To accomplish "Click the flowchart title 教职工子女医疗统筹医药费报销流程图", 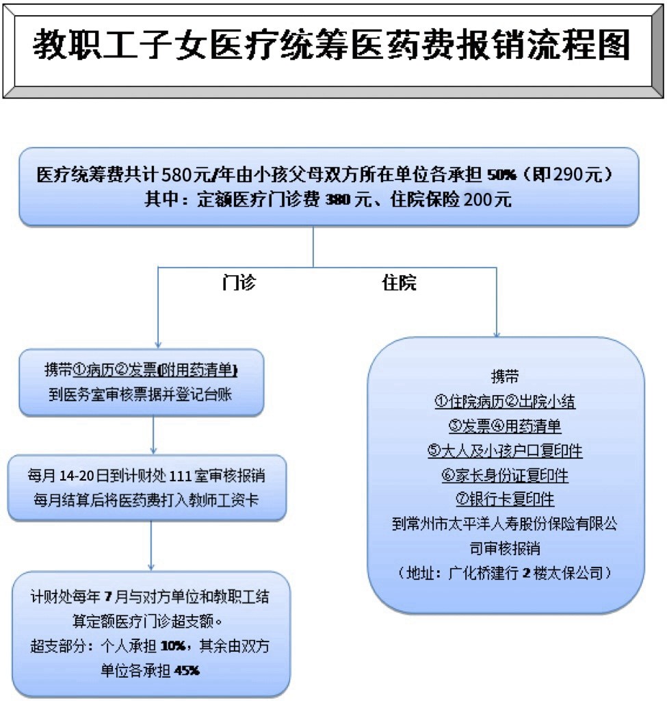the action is (x=332, y=44).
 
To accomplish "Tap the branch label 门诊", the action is (x=239, y=283).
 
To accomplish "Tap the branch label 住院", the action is (x=399, y=283).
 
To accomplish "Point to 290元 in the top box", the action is (x=577, y=175).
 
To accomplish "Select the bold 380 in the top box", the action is (x=338, y=200).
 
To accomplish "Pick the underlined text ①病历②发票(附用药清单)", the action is (x=155, y=370).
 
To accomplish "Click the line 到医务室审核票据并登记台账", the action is (x=140, y=394).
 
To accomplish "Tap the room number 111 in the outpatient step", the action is (x=181, y=476).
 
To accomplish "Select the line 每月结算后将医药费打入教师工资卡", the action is (x=146, y=500).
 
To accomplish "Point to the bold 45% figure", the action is (x=187, y=671).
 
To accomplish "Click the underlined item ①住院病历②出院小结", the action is (x=505, y=401).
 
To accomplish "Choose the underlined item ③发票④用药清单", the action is (x=505, y=426).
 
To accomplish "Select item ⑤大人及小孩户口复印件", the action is (x=505, y=450).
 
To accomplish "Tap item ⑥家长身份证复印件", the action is (x=505, y=475).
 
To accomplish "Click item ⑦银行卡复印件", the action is (x=505, y=499).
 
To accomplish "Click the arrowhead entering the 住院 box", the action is (x=497, y=335).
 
